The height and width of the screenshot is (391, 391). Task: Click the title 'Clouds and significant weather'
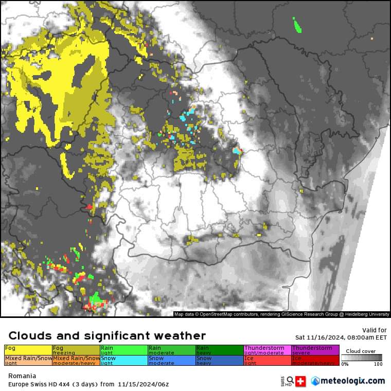[x=107, y=336]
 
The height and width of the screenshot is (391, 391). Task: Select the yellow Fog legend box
[x=28, y=350]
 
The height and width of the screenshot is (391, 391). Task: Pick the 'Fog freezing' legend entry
[x=76, y=350]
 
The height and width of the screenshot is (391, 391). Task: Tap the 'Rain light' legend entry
[x=124, y=350]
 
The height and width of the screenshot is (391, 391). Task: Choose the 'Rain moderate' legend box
[x=172, y=350]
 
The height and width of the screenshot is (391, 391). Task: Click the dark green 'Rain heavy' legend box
[x=219, y=350]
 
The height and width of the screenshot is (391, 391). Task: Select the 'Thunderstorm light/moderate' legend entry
[x=268, y=350]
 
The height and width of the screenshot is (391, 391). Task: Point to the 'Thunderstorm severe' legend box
[x=315, y=350]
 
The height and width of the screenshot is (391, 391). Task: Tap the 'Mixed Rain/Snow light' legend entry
[x=28, y=360]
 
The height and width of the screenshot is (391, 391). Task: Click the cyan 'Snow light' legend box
[x=124, y=360]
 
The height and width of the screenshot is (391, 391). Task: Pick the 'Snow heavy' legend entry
[x=219, y=360]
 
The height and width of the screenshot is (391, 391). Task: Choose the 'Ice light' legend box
[x=268, y=360]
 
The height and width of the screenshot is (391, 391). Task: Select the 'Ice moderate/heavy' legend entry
[x=315, y=360]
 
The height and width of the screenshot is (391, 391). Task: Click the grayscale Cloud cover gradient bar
[x=363, y=358]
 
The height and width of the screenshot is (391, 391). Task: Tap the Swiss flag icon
[x=301, y=381]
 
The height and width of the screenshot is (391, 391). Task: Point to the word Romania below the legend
[x=19, y=376]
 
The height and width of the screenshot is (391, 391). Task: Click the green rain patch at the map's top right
[x=297, y=25]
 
